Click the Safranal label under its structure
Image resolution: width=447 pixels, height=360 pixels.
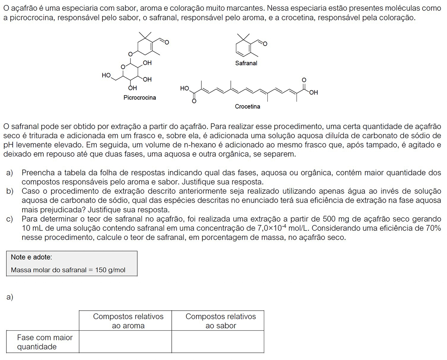[246, 63]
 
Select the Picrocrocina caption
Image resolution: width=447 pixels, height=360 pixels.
[139, 97]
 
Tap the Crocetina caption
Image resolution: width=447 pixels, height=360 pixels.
[247, 106]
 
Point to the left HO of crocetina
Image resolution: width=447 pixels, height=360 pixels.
[184, 88]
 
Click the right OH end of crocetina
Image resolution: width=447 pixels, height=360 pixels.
[313, 92]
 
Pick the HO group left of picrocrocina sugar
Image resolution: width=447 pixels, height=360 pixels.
[106, 75]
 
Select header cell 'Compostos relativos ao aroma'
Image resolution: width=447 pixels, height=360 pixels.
[128, 321]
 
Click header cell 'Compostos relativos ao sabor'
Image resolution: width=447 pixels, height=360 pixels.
[220, 321]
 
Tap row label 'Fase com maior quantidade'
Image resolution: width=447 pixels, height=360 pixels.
[44, 342]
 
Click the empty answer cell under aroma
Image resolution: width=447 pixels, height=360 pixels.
[125, 342]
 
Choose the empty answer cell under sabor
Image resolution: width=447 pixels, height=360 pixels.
[218, 342]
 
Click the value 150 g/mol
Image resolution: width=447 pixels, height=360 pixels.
[110, 270]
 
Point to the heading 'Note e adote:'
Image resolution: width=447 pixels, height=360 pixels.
[31, 257]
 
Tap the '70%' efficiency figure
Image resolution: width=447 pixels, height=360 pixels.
[433, 228]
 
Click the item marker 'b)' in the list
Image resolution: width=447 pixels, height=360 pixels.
[10, 191]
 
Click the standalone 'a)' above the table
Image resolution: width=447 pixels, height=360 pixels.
[10, 297]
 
